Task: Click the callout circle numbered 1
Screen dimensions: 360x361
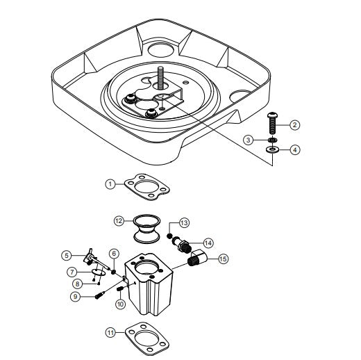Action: click(x=110, y=183)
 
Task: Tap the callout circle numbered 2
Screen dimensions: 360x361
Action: click(x=294, y=125)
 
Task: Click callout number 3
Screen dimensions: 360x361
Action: click(x=248, y=140)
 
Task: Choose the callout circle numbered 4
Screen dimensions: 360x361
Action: click(x=294, y=149)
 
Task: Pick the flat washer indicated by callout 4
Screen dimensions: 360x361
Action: click(x=272, y=149)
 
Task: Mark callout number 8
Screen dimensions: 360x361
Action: click(x=77, y=283)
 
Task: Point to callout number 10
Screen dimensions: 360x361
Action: click(x=119, y=304)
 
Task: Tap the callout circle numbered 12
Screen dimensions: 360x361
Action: click(x=119, y=220)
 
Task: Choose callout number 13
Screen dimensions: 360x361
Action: click(x=184, y=223)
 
